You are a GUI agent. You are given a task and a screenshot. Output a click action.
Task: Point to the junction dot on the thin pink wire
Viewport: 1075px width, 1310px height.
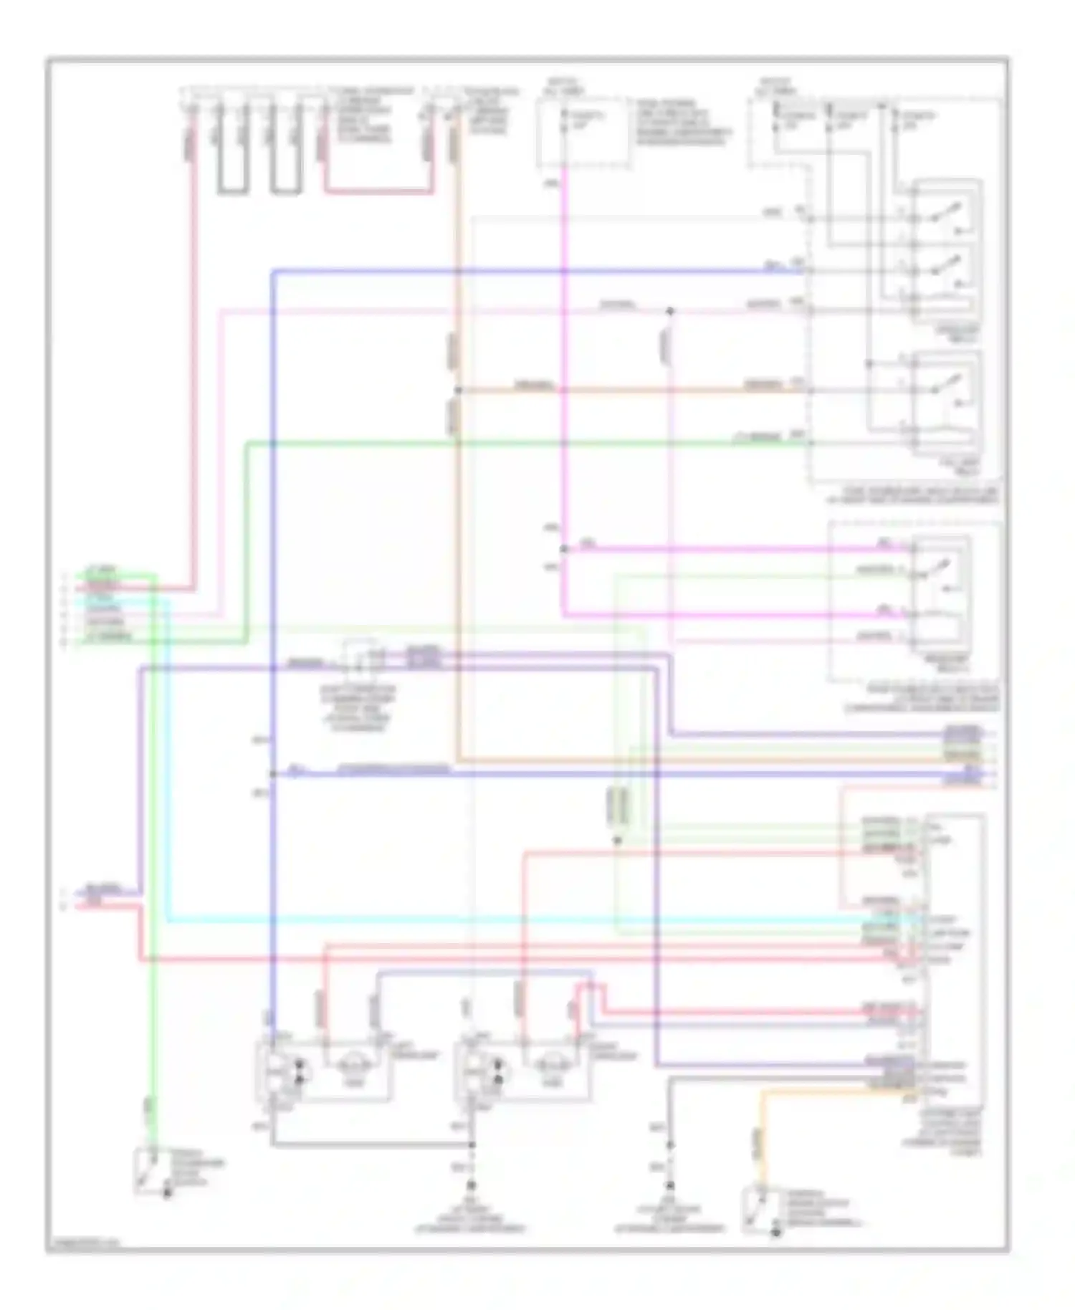670,311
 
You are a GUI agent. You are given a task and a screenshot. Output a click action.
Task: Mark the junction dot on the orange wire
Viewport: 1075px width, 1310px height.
457,391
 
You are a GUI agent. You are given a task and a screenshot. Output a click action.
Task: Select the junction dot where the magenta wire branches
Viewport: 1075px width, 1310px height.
563,549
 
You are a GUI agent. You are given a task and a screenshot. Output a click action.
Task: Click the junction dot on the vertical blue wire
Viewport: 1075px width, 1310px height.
273,774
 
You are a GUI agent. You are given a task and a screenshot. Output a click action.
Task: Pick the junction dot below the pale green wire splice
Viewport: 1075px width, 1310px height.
617,840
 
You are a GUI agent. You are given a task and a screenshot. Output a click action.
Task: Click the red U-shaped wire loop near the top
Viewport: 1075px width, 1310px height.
378,191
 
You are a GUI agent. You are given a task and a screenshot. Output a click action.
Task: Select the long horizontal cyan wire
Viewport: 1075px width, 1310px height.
502,920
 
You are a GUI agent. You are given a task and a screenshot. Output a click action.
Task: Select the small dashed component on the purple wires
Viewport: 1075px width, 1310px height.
361,659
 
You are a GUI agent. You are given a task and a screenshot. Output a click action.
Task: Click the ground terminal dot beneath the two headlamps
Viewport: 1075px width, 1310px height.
471,1186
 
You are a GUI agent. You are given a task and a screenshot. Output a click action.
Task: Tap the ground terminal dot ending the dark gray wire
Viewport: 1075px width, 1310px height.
670,1186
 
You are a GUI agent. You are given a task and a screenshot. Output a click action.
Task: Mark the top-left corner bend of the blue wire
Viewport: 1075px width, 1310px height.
274,271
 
